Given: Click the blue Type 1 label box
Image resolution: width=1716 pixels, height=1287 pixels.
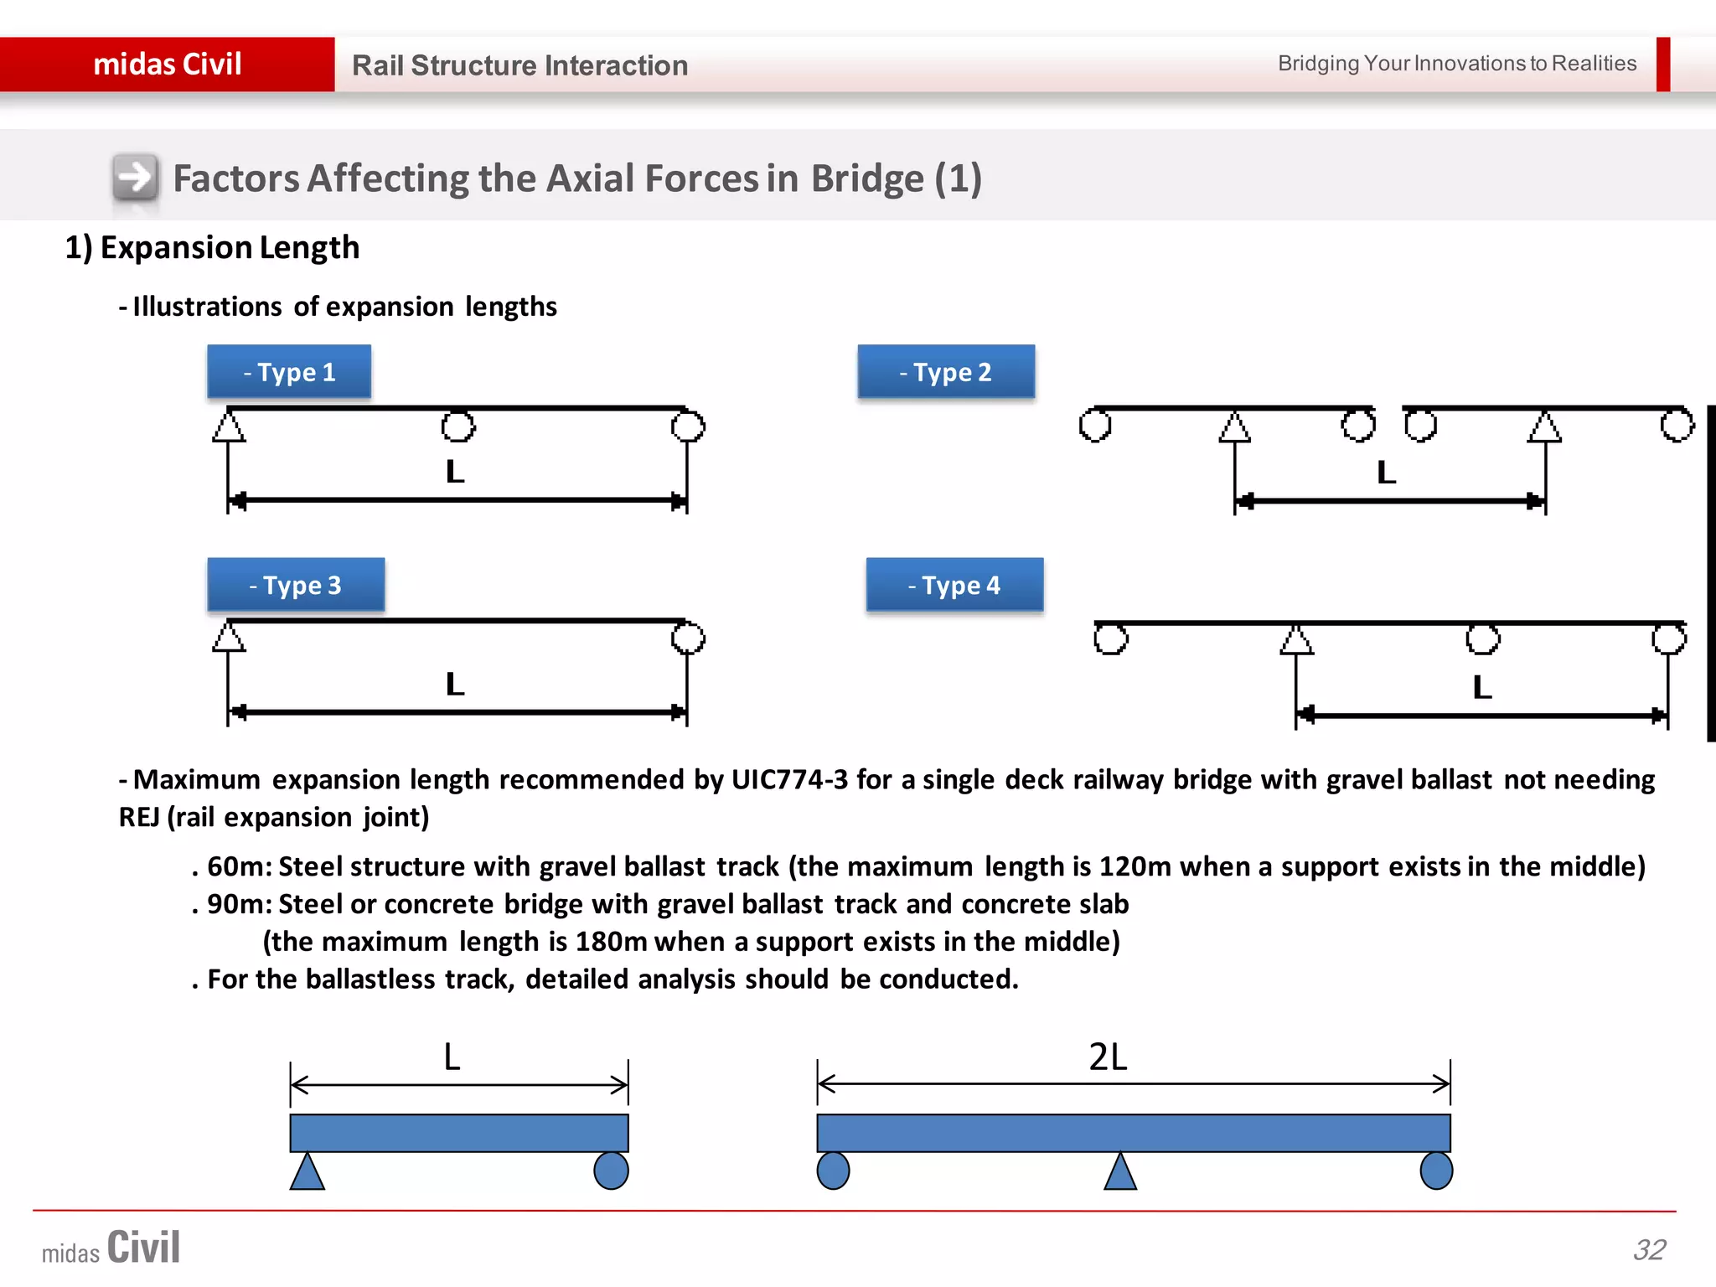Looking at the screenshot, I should (289, 371).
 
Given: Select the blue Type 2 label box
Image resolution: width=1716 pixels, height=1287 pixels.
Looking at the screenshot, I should (946, 371).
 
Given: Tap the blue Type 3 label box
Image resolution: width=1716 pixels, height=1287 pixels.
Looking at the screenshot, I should (296, 585).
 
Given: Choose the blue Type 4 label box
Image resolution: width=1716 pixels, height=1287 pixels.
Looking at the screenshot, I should (954, 585).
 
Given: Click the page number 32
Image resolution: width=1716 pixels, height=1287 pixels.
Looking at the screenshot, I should (1649, 1249).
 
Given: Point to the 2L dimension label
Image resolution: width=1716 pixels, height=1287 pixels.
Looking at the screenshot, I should (1108, 1057).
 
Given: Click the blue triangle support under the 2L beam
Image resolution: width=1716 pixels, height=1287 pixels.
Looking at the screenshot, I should (1120, 1172).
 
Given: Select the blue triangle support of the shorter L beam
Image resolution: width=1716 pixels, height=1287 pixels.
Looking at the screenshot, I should (308, 1172).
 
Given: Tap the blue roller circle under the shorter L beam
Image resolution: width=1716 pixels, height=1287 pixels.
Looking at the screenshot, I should (611, 1171).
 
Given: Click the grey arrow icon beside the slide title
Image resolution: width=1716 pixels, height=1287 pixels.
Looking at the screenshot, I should (135, 178).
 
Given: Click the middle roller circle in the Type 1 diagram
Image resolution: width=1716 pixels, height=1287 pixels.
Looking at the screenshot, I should (458, 426).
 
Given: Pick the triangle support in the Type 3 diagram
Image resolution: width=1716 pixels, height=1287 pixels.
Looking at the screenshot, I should (229, 637).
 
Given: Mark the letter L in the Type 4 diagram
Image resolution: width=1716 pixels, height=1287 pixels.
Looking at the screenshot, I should (1481, 687).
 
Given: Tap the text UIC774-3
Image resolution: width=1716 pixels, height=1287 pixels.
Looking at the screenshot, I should (789, 779).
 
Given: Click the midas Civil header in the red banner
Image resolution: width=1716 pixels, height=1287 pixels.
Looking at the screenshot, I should (168, 65).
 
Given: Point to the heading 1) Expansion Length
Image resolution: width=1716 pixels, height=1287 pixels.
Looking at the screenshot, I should (212, 247).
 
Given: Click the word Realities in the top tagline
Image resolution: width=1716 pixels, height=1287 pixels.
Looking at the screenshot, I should (1594, 63).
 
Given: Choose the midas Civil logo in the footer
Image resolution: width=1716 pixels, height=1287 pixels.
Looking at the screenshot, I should (111, 1248).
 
